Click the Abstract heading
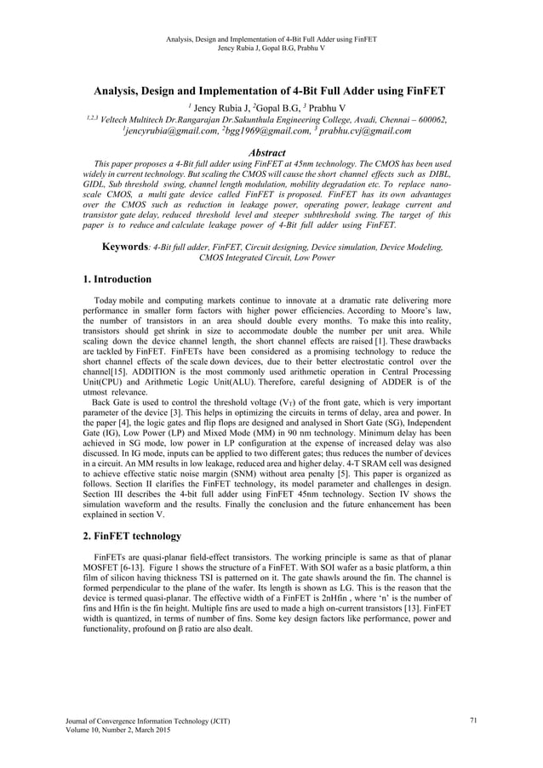tap(271, 152)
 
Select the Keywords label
tap(126, 222)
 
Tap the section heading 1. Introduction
tap(117, 278)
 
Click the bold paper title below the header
tap(271, 90)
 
